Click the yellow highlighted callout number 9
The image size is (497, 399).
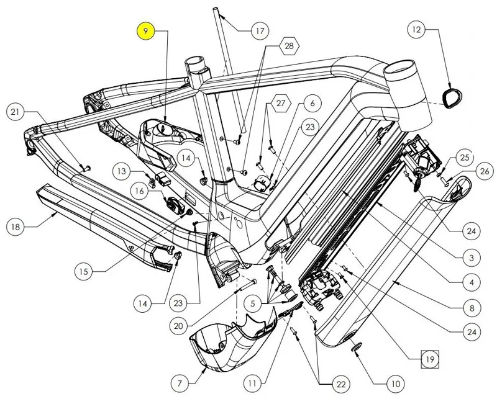tap(145, 30)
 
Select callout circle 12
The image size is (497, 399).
tap(417, 29)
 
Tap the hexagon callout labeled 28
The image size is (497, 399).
tap(289, 46)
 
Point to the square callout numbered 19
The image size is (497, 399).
tap(428, 358)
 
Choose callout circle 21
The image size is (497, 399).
tap(16, 112)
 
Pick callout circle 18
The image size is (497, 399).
tap(16, 227)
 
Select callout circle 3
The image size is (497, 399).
tap(472, 258)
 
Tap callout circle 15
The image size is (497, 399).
tap(84, 271)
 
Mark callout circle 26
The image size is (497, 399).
tap(485, 171)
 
